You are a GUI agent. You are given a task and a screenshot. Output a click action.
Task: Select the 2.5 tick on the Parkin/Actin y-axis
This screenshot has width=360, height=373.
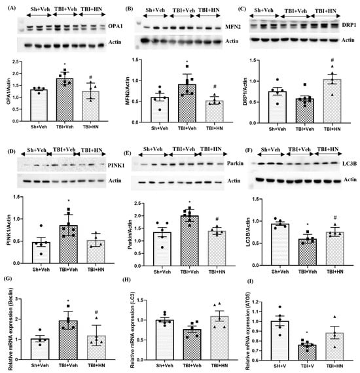[130, 196]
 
